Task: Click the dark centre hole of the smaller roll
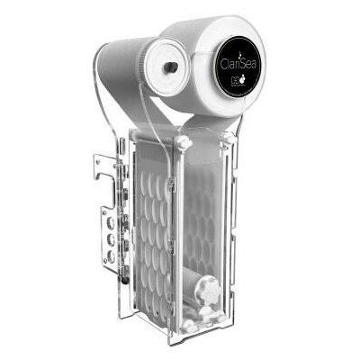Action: (169, 67)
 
